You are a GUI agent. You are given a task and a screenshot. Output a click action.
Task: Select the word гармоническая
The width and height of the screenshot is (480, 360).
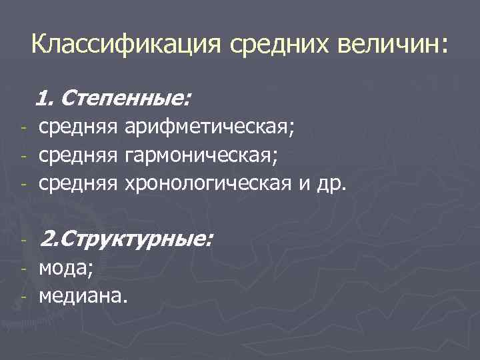pos(199,155)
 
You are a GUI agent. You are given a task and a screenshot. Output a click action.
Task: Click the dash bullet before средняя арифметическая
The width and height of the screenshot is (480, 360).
pos(22,128)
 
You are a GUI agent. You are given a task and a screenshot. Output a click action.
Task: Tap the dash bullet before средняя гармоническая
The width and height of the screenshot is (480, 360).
pos(22,156)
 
